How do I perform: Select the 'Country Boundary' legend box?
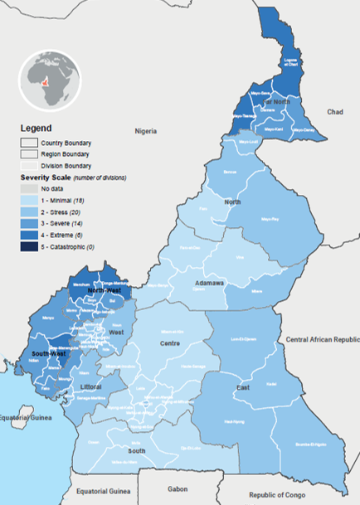(28, 142)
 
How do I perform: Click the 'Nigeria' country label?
(146, 131)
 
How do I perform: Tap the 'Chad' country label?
(334, 111)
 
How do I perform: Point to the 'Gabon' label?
(178, 489)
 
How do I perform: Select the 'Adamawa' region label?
(209, 283)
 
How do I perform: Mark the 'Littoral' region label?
(89, 387)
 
